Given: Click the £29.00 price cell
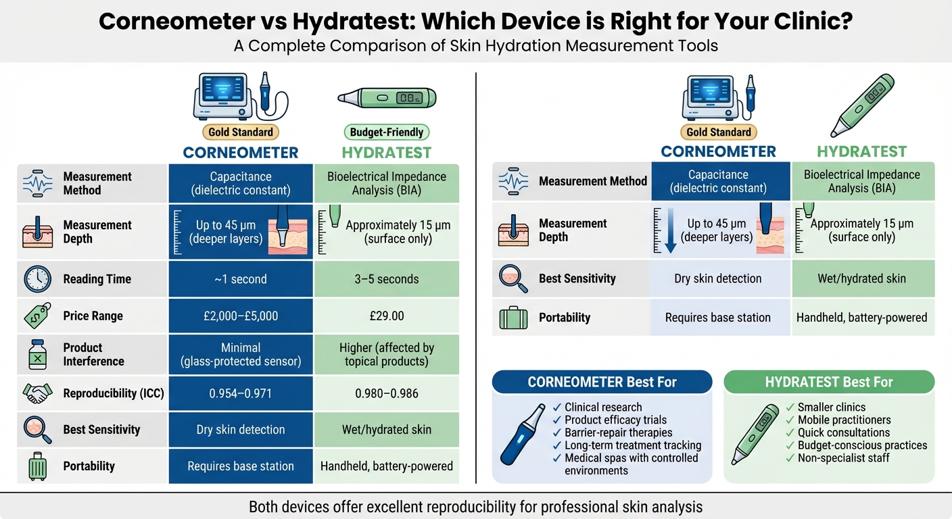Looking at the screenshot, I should pos(387,316).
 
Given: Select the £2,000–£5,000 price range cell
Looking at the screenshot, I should pos(241,316).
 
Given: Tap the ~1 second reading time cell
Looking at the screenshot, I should pos(241,279).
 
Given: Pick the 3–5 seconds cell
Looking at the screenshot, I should pos(387,279).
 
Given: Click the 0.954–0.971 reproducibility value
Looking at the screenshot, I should pos(241,393).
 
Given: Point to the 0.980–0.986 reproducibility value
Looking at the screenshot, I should pos(387,393).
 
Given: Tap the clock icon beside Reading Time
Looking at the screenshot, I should pos(37,279).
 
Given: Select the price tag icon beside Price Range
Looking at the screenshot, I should pos(37,316).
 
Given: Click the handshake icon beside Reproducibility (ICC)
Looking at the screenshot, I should pos(37,393).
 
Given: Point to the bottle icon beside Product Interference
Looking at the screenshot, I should pos(37,354).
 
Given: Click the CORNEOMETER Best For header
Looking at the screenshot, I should pos(602,382).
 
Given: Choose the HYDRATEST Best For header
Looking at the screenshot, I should pos(829,382).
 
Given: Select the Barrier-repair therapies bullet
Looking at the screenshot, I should pos(618,432).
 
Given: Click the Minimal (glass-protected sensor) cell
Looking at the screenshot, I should pos(241,354).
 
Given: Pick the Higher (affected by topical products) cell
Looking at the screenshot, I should pos(387,354).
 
